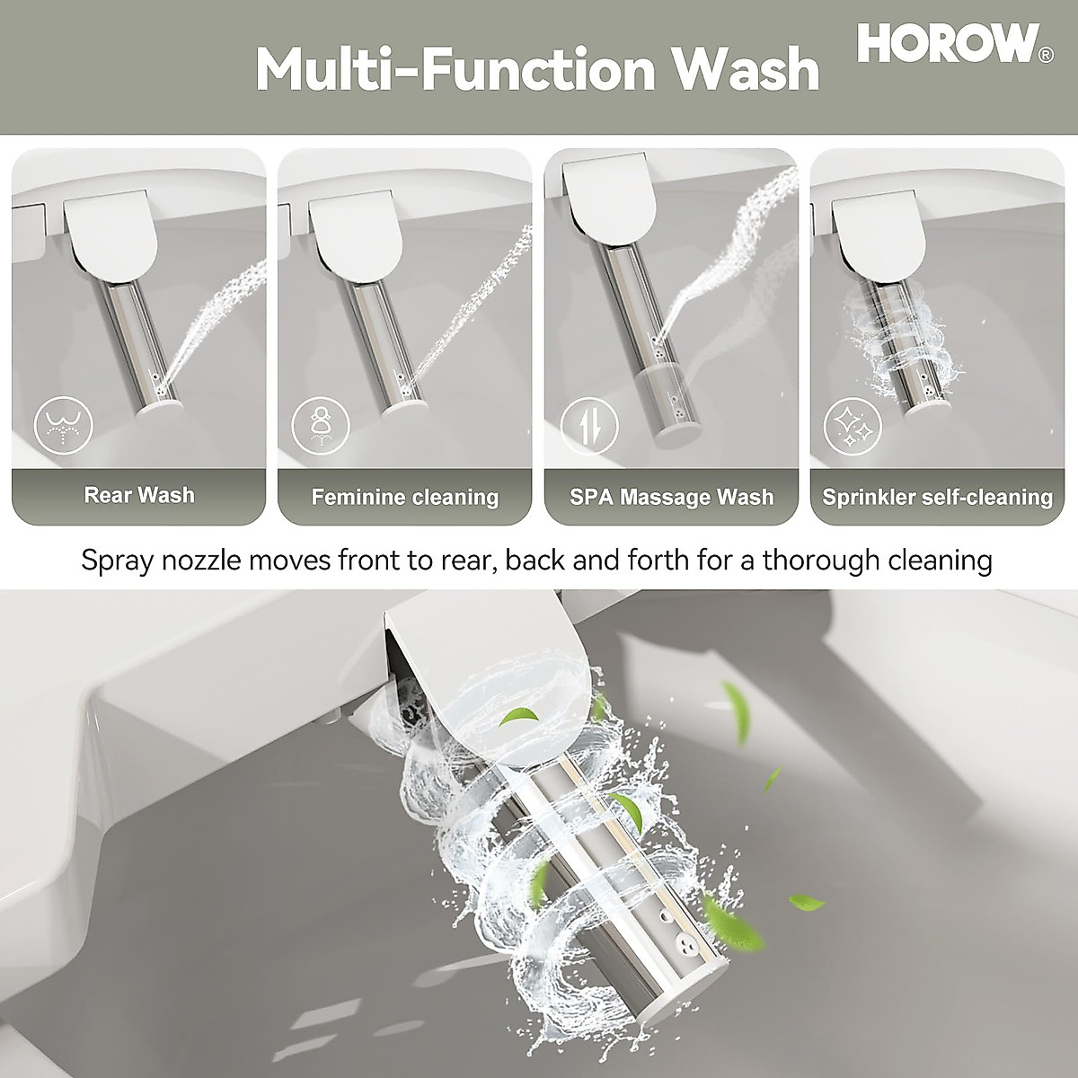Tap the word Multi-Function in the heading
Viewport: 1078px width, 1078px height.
click(460, 69)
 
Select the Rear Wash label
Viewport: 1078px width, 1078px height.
click(139, 495)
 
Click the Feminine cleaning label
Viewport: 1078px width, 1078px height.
click(404, 497)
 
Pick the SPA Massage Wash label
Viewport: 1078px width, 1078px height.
click(671, 497)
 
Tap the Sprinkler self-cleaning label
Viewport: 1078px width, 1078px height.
click(937, 497)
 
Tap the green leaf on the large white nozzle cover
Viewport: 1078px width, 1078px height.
click(520, 716)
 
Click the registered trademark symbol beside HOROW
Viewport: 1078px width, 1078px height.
click(1046, 56)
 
